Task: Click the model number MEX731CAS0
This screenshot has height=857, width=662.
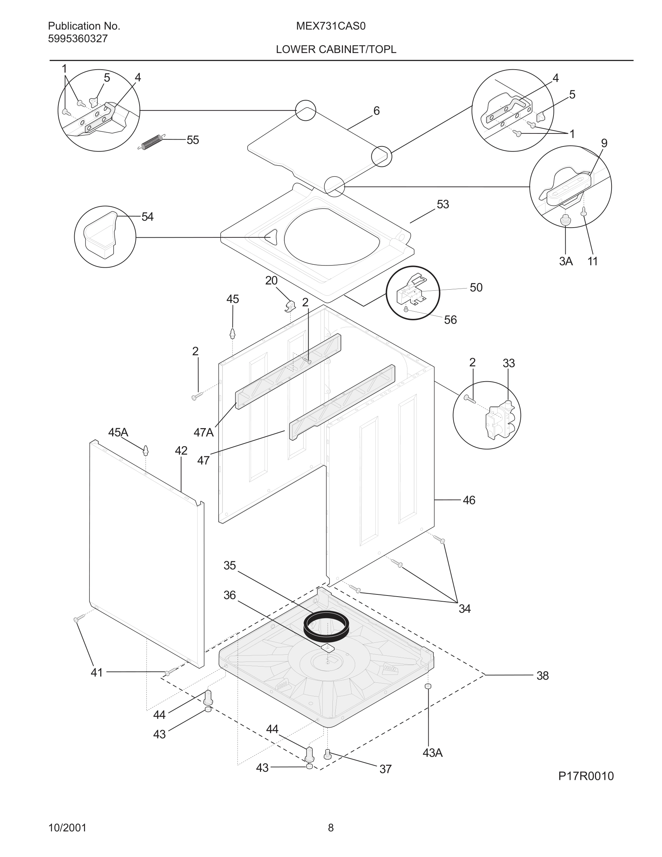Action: coord(331,26)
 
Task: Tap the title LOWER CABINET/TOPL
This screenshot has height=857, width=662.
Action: coord(336,49)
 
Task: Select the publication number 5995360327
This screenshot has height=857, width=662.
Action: coord(78,39)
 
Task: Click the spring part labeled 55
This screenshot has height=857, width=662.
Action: coord(150,142)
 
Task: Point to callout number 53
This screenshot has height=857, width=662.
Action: coord(443,205)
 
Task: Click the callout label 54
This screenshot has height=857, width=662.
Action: coord(147,217)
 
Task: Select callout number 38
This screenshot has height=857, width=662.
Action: coord(542,676)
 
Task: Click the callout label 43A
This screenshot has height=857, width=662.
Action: coord(433,753)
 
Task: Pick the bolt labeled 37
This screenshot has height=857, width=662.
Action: coord(328,754)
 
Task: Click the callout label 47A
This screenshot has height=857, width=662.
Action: coord(204,432)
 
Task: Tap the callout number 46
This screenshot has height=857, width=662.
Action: coord(469,500)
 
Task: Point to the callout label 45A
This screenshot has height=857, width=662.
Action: coord(118,432)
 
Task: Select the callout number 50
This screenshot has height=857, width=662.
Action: coord(476,287)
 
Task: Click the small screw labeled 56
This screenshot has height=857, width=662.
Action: coord(407,309)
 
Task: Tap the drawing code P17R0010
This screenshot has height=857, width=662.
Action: coord(586,776)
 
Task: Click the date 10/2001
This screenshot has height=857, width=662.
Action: coord(67,828)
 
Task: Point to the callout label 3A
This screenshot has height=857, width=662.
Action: coord(566,262)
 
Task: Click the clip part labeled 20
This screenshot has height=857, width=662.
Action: coord(290,306)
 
